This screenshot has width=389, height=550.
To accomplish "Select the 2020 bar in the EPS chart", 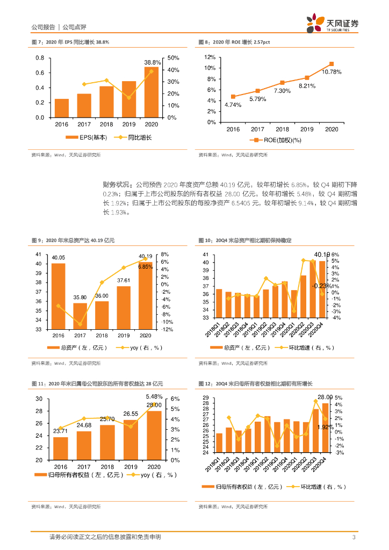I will pos(152,92).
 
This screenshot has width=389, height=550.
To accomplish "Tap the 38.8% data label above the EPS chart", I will pos(153,62).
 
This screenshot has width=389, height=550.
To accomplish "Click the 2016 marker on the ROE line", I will pos(233,97).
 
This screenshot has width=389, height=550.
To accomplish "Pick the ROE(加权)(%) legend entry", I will pos(279,140).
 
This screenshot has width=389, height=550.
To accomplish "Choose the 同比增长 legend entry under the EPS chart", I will pos(134,138).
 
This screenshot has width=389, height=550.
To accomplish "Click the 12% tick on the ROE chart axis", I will pos(210,57).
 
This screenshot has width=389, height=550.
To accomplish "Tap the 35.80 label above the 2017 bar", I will pos(80,297).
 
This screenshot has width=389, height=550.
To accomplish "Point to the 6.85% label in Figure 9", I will pos(145,266).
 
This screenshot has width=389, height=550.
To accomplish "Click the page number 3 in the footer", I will pos(354,537).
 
